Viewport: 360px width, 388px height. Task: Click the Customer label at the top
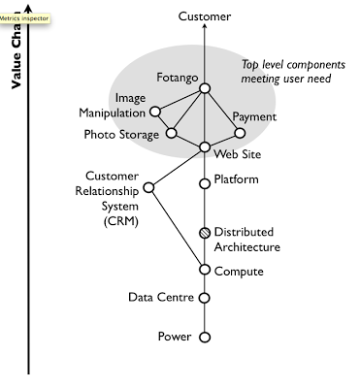pyautogui.click(x=205, y=17)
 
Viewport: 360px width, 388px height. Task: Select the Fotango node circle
pyautogui.click(x=205, y=89)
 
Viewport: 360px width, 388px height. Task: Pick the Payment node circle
pyautogui.click(x=238, y=133)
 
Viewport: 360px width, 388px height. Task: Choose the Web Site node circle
pyautogui.click(x=205, y=147)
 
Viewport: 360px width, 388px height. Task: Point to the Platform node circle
pyautogui.click(x=205, y=182)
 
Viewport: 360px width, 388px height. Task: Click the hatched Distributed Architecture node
pyautogui.click(x=205, y=233)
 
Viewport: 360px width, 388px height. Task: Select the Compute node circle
pyautogui.click(x=205, y=271)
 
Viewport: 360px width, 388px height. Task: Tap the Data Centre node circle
pyautogui.click(x=205, y=299)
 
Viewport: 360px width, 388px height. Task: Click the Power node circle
pyautogui.click(x=205, y=338)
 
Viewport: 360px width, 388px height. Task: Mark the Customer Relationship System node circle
pyautogui.click(x=148, y=187)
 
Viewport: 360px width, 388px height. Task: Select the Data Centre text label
pyautogui.click(x=160, y=298)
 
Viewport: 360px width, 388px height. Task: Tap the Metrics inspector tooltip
pyautogui.click(x=24, y=18)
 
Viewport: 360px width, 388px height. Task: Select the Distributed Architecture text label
pyautogui.click(x=246, y=240)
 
